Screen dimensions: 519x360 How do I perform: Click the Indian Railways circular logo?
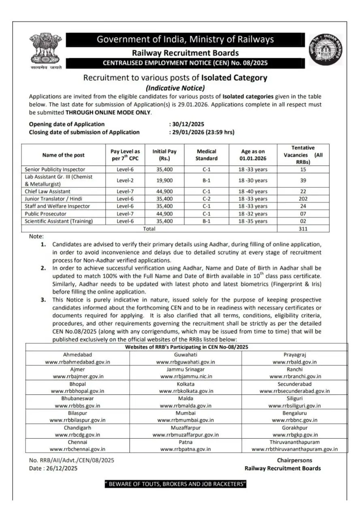click(326, 49)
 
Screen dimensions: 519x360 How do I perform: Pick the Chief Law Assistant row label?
click(47, 191)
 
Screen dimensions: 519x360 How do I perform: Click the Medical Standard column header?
click(206, 155)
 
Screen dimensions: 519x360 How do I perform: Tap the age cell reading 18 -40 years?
click(253, 191)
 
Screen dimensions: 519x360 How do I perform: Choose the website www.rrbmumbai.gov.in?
click(186, 420)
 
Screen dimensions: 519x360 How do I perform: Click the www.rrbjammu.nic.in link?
click(186, 376)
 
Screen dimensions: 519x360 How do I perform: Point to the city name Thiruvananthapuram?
click(295, 442)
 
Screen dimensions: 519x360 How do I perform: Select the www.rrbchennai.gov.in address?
click(77, 449)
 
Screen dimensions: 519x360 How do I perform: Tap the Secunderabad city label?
click(295, 384)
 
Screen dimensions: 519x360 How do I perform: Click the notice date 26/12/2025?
click(59, 468)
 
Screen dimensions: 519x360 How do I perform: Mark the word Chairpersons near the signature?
click(295, 461)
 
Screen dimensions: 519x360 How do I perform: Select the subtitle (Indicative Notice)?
click(175, 88)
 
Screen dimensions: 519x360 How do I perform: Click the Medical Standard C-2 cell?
click(206, 199)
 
